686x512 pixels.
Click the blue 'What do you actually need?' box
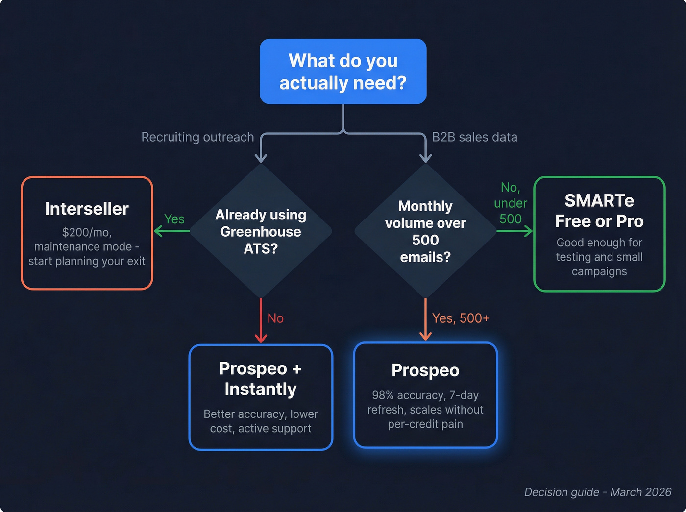pos(343,72)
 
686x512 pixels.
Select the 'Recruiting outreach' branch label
pos(197,137)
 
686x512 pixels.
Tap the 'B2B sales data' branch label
pos(474,137)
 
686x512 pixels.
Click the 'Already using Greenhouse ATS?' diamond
pos(261,231)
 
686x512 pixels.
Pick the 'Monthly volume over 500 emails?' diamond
pos(425,231)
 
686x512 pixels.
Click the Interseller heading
pos(87,209)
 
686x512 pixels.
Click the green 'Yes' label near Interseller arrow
pos(174,219)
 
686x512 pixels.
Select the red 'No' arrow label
pos(275,318)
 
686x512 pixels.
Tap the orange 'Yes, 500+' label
pos(461,318)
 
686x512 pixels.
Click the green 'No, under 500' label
pos(511,203)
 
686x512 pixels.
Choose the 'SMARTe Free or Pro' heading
pos(599,211)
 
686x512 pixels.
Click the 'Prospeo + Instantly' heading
pos(261,379)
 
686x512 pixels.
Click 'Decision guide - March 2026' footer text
pos(598,492)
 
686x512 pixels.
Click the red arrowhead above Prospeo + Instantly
pos(261,339)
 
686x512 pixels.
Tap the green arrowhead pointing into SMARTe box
pos(529,231)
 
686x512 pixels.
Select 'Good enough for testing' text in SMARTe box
pos(599,250)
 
